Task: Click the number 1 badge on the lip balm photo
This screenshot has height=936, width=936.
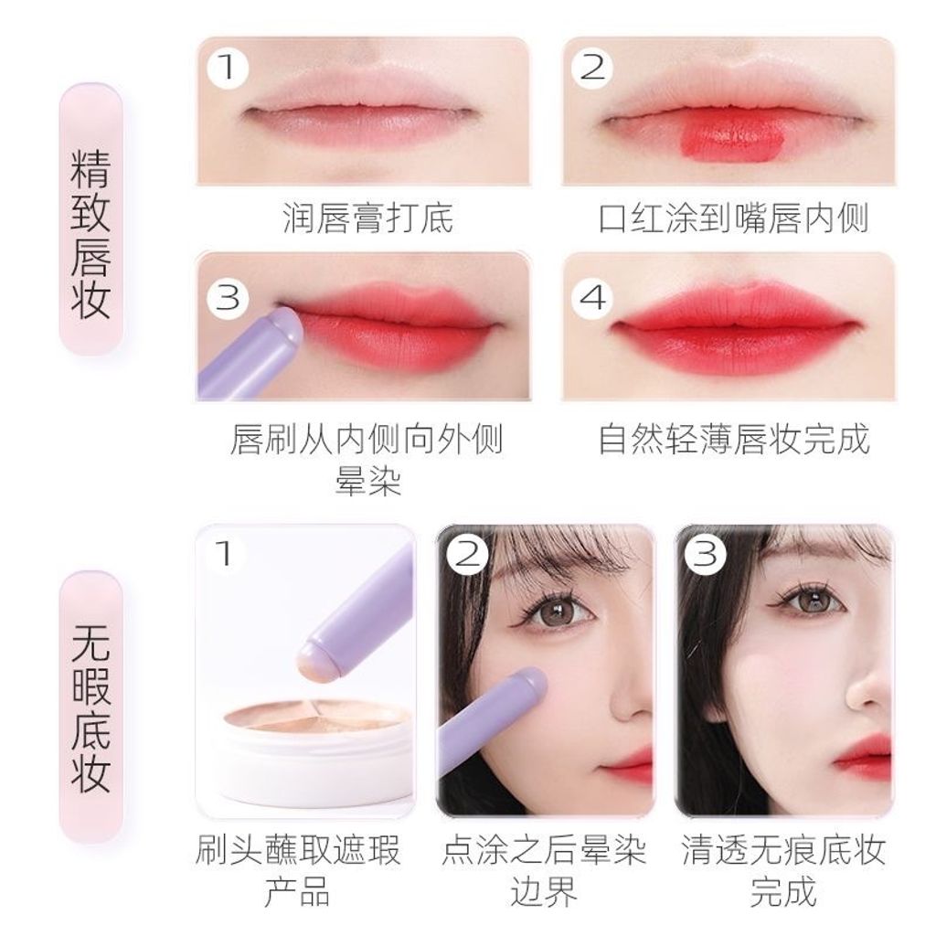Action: coord(228,68)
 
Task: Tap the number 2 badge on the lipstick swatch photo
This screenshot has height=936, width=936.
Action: coord(592,68)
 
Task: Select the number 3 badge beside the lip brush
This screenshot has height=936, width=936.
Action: coord(228,297)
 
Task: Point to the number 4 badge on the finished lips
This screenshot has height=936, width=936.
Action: coord(592,297)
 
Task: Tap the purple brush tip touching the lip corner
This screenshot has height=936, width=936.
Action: coord(286,327)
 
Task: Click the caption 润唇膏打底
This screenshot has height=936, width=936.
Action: coord(367,218)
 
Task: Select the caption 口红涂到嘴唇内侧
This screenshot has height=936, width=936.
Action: coord(733,218)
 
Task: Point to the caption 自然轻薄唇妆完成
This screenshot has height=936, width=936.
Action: coord(733,440)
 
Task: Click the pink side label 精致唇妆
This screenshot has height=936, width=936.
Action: coord(90,233)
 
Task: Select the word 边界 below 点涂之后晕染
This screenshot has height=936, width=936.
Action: coord(544,892)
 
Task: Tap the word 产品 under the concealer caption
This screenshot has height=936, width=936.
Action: coord(297,892)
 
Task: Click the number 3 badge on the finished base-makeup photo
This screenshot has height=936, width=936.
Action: coord(705,555)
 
